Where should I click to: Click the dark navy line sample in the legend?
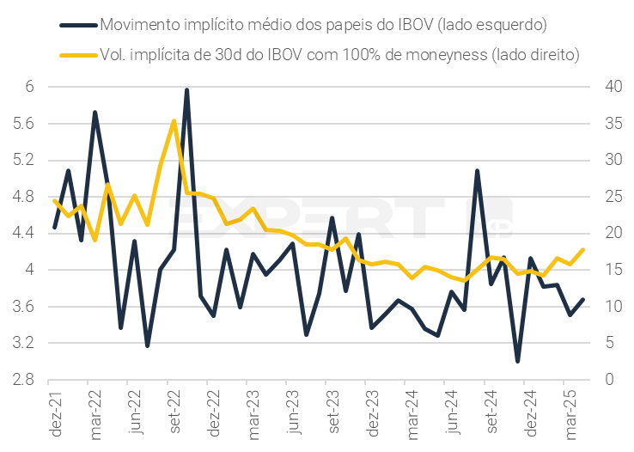coord(77,23)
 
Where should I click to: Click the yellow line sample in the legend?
coord(77,53)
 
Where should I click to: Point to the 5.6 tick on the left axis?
coord(22,124)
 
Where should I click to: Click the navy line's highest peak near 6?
coord(187,89)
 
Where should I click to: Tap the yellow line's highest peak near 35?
coord(174,121)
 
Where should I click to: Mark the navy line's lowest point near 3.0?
coord(518,361)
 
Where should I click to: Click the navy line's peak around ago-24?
coord(477,171)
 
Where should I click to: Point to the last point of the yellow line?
coord(584,249)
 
